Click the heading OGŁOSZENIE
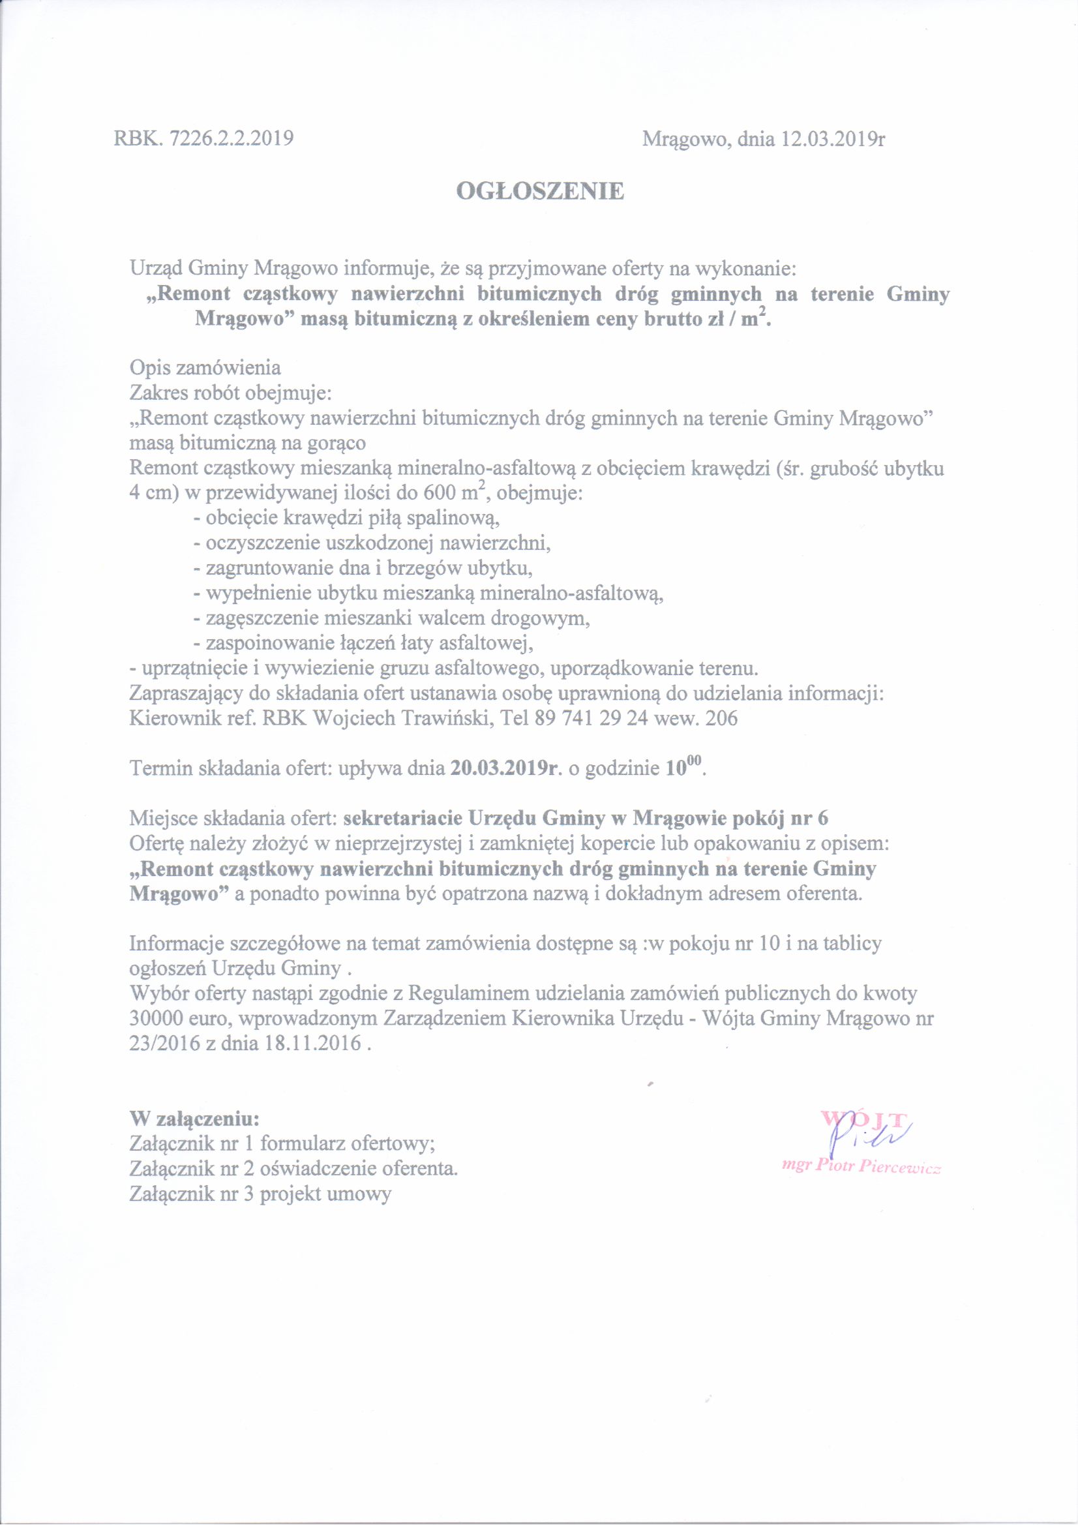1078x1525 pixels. tap(540, 191)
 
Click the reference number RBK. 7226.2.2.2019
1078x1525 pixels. tap(205, 138)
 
